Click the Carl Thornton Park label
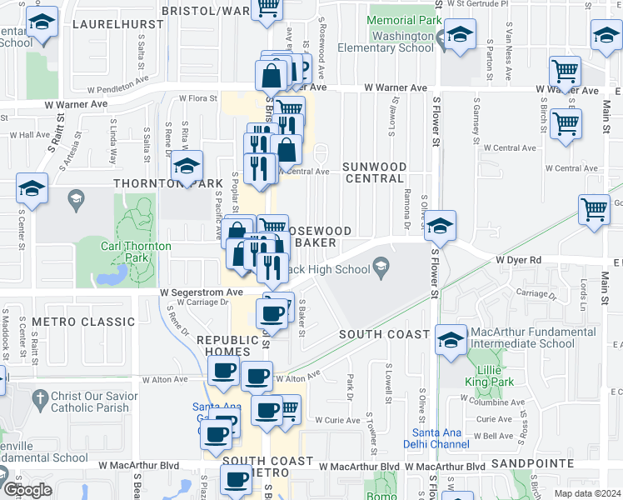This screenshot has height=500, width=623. pyautogui.click(x=136, y=252)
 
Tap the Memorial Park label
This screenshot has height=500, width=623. pyautogui.click(x=404, y=20)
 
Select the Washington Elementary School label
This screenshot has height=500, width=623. pyautogui.click(x=403, y=42)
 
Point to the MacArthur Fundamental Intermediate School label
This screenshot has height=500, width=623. pyautogui.click(x=534, y=337)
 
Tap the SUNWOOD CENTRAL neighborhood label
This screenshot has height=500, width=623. pyautogui.click(x=375, y=172)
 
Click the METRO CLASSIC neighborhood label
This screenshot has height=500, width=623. pyautogui.click(x=83, y=322)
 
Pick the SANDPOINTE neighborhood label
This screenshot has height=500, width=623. pyautogui.click(x=533, y=462)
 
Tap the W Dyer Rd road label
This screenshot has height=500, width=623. pyautogui.click(x=518, y=260)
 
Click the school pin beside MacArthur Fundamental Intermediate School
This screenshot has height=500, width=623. pyautogui.click(x=451, y=339)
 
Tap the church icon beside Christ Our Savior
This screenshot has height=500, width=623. pyautogui.click(x=38, y=401)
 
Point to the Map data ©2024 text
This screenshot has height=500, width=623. pyautogui.click(x=587, y=493)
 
